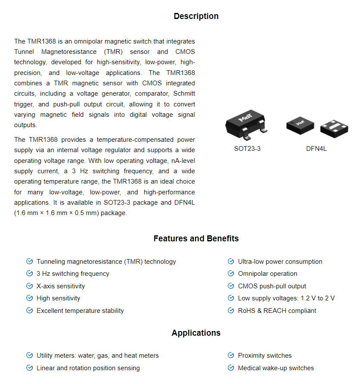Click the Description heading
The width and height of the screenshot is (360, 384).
tap(196, 16)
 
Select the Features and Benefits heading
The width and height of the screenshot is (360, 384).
tap(196, 239)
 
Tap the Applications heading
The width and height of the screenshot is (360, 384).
tap(196, 333)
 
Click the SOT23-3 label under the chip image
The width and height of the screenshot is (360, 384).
tap(247, 149)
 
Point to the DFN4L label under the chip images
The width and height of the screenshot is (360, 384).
tap(317, 149)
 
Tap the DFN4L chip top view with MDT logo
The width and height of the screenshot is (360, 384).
tap(301, 124)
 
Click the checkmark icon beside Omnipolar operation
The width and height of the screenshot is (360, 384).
tap(231, 274)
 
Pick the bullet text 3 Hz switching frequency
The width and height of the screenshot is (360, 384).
tap(73, 274)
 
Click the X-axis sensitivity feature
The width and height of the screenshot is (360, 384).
tap(61, 286)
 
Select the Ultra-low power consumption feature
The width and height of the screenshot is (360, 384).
tap(280, 262)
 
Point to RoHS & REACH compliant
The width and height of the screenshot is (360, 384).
tap(277, 311)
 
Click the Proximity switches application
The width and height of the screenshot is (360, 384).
tap(264, 356)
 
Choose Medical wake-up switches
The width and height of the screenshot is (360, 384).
tap(276, 368)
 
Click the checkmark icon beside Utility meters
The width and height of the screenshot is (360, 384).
tap(29, 356)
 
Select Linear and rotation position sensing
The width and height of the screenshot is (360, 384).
tap(88, 368)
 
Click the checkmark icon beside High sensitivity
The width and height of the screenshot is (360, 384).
tap(29, 298)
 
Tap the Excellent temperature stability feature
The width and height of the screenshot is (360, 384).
tap(80, 311)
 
